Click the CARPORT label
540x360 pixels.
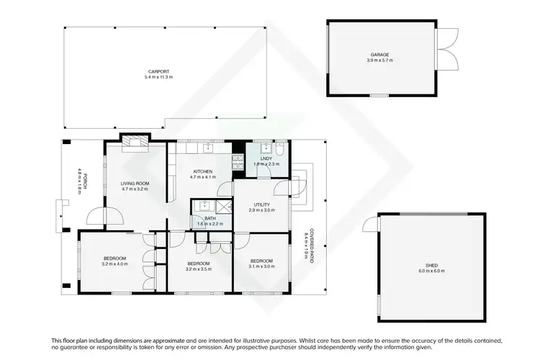[159, 72]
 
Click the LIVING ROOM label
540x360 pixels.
[135, 184]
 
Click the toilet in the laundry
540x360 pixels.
[282, 150]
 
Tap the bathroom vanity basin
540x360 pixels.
[199, 204]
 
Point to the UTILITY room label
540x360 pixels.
[261, 204]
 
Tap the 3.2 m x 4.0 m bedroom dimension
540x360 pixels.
[114, 264]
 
